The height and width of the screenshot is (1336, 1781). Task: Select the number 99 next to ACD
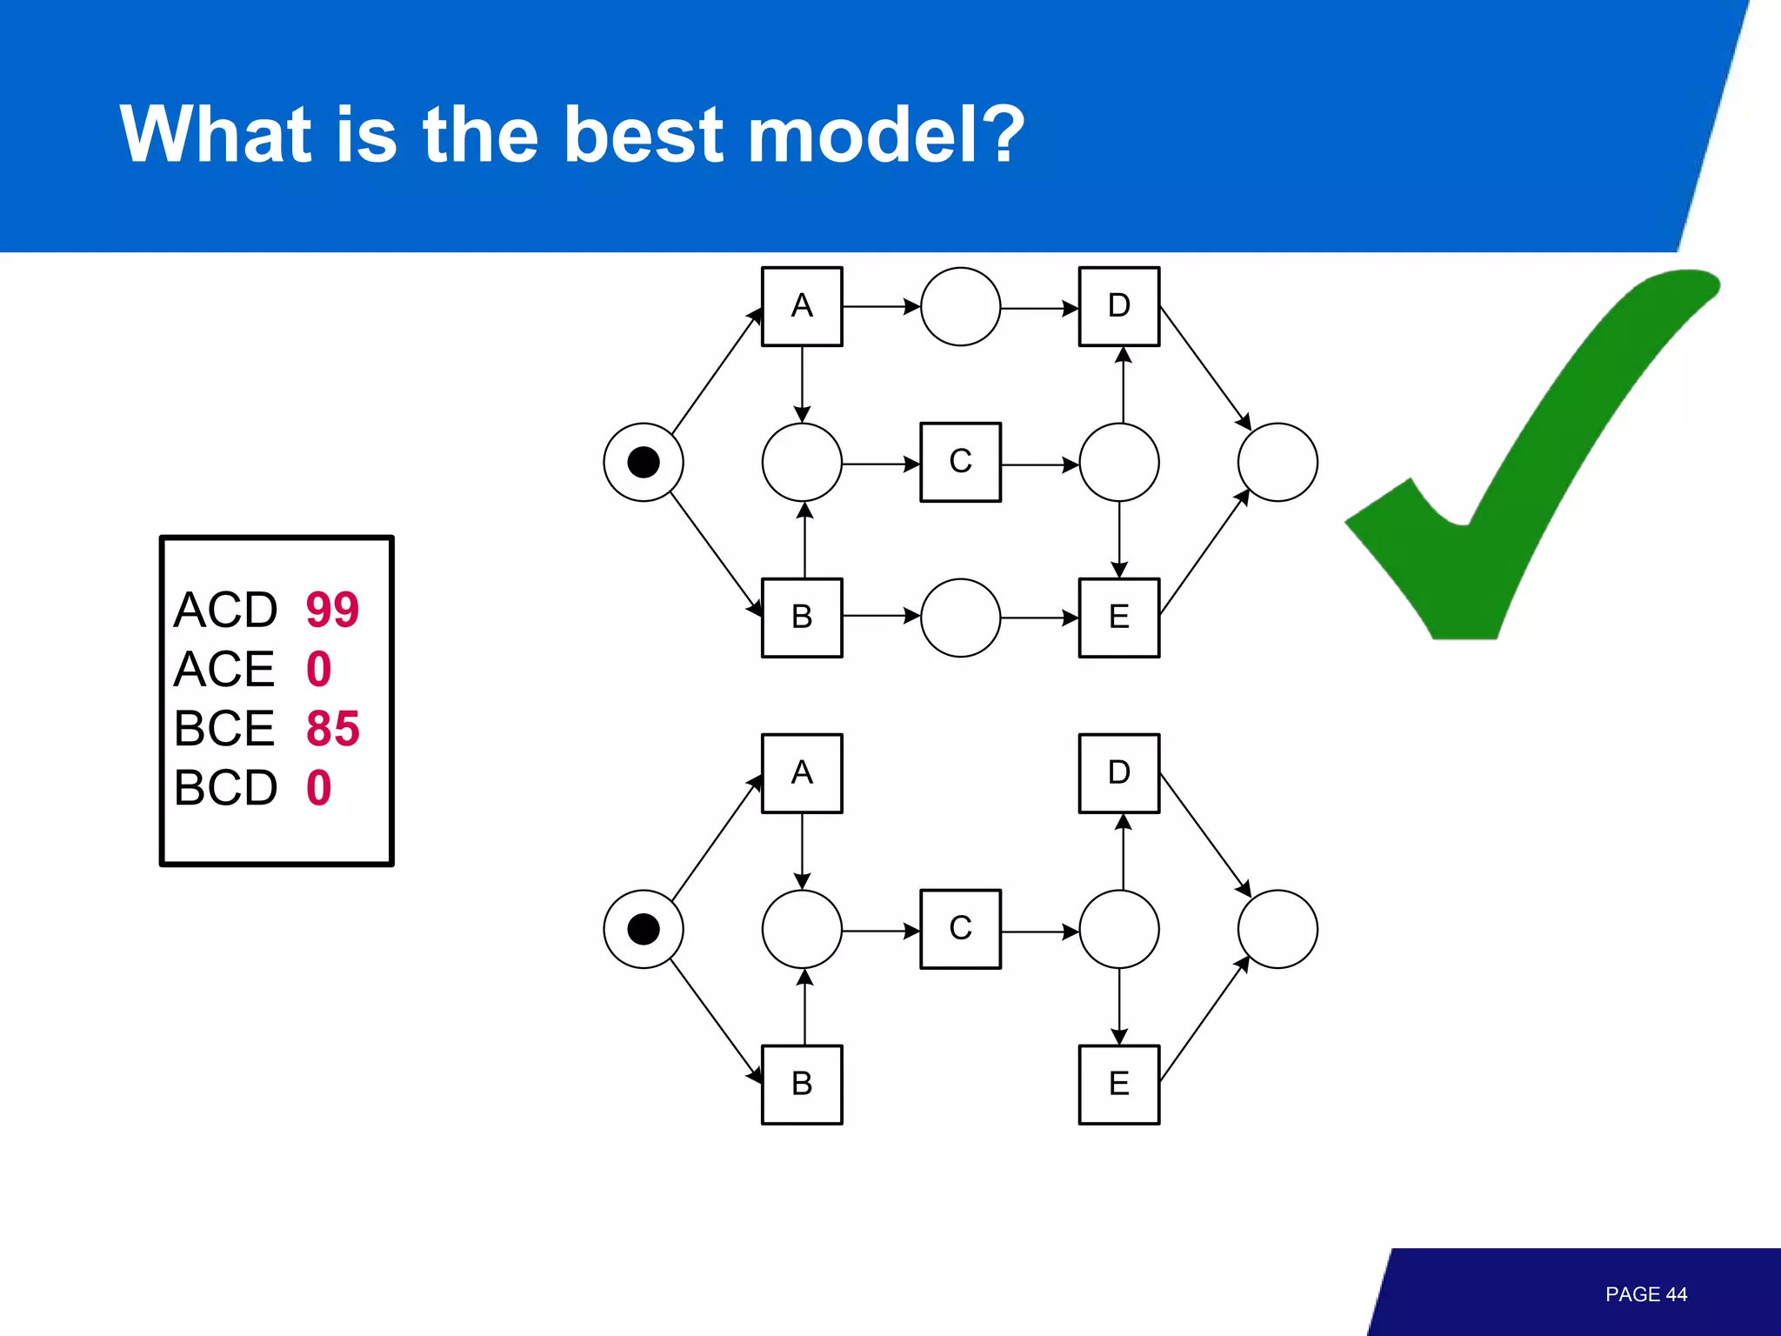[332, 610]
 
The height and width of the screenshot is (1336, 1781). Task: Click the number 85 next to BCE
[332, 729]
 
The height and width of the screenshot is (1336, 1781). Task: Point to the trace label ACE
[224, 669]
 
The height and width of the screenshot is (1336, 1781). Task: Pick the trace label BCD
[225, 788]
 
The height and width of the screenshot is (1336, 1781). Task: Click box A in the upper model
[802, 306]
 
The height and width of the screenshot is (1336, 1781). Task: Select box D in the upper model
[1119, 306]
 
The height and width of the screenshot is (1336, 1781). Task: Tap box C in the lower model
[960, 929]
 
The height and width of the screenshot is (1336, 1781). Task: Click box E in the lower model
[1119, 1085]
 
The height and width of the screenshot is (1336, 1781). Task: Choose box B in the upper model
[802, 618]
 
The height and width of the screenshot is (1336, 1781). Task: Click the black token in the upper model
[644, 462]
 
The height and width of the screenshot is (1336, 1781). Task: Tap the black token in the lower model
[644, 929]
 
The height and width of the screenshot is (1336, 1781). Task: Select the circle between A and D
[960, 306]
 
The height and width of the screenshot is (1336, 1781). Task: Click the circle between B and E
[960, 618]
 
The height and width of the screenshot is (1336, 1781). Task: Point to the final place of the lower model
[1277, 929]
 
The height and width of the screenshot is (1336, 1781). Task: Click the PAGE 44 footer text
[1645, 1294]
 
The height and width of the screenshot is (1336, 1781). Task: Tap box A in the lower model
[802, 773]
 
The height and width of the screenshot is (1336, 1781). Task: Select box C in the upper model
[960, 462]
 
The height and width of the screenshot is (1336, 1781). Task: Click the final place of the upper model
[1277, 462]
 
